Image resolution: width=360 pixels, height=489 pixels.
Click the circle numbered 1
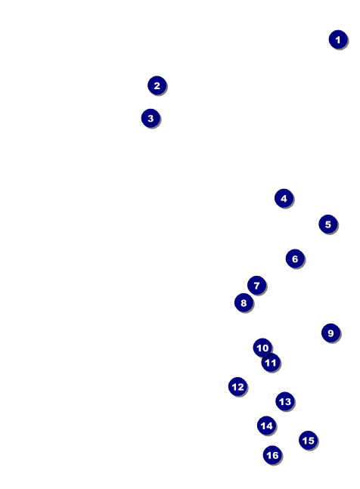pyautogui.click(x=338, y=39)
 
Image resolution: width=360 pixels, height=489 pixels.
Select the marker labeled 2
pyautogui.click(x=157, y=85)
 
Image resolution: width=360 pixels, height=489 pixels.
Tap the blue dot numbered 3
pyautogui.click(x=151, y=118)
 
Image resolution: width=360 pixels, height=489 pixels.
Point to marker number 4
pyautogui.click(x=284, y=198)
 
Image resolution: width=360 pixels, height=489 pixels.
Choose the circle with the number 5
pyautogui.click(x=328, y=224)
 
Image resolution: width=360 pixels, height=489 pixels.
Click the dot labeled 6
pyautogui.click(x=295, y=258)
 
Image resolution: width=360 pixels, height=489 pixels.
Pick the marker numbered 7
pyautogui.click(x=256, y=286)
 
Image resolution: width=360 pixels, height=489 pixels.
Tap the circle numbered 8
pyautogui.click(x=244, y=302)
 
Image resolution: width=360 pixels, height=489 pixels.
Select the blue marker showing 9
pyautogui.click(x=331, y=333)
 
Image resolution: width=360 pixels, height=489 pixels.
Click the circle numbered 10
pyautogui.click(x=262, y=348)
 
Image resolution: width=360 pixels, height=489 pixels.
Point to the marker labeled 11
pyautogui.click(x=271, y=363)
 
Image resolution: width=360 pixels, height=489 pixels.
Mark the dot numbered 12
pyautogui.click(x=237, y=387)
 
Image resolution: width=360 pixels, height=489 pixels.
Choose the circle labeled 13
pyautogui.click(x=285, y=401)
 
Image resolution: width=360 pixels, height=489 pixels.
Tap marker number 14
pyautogui.click(x=267, y=426)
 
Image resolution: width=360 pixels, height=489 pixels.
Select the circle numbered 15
pyautogui.click(x=309, y=441)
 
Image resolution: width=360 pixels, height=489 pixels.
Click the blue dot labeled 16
pyautogui.click(x=272, y=455)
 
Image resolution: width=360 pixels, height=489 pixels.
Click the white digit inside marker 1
pyautogui.click(x=338, y=40)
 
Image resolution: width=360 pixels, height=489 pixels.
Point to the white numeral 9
pyautogui.click(x=331, y=333)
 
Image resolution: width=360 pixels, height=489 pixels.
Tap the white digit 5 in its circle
pyautogui.click(x=328, y=224)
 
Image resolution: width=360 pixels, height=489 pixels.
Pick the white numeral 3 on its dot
pyautogui.click(x=151, y=119)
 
